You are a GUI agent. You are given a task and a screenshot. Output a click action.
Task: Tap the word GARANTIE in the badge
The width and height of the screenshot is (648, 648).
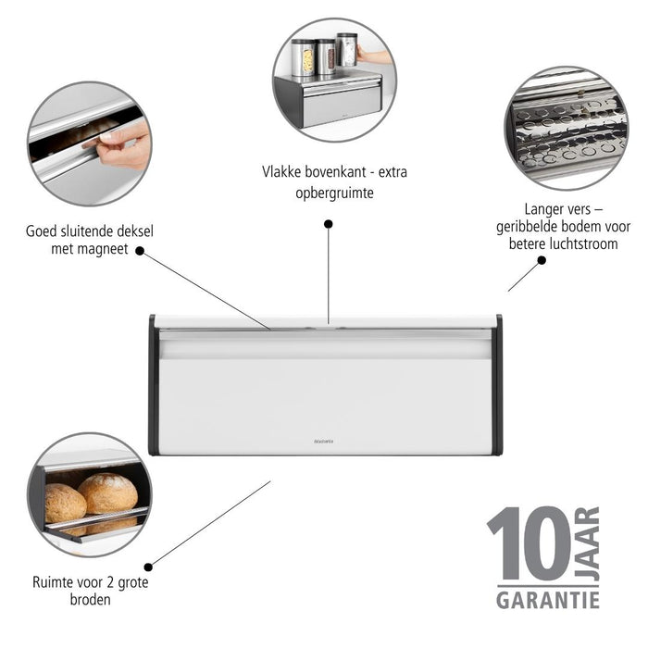click(x=547, y=599)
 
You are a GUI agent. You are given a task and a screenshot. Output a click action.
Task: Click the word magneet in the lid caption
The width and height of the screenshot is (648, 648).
click(x=105, y=247)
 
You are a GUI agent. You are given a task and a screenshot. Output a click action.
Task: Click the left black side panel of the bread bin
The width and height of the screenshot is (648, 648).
click(x=153, y=385)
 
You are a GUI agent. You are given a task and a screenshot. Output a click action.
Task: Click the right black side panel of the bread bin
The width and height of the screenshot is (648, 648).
click(x=498, y=385)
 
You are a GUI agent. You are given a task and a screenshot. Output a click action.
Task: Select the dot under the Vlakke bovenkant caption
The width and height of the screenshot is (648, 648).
click(x=328, y=223)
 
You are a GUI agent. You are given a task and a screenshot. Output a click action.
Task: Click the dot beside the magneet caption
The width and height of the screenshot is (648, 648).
click(x=140, y=249)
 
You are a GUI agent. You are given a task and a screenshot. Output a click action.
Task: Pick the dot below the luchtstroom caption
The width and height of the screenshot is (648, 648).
click(x=542, y=260)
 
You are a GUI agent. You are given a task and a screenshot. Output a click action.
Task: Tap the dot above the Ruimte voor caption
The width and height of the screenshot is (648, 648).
click(x=148, y=567)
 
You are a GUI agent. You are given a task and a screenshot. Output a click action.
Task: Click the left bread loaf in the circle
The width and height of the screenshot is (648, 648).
click(x=64, y=503)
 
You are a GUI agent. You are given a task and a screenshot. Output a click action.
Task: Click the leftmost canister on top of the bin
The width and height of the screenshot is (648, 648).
click(x=303, y=57)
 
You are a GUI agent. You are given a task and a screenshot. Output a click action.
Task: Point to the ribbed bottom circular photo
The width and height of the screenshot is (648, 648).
click(x=566, y=128)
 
